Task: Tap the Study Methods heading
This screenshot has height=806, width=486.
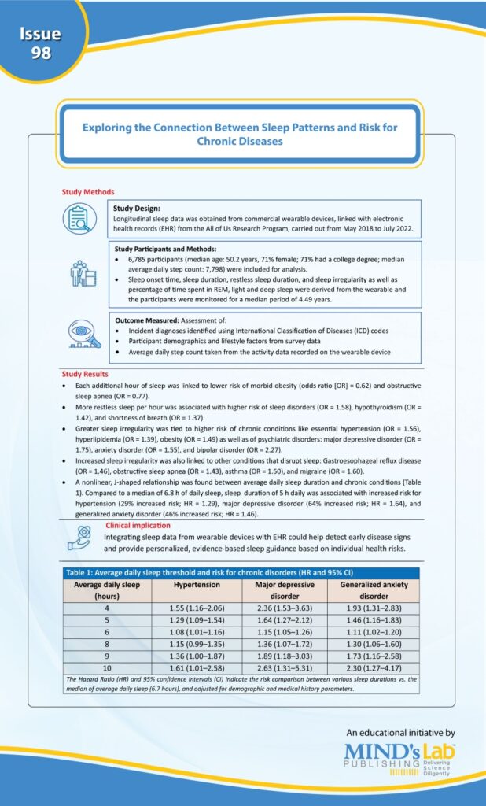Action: (x=88, y=192)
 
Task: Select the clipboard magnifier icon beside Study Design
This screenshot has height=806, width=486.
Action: (x=79, y=219)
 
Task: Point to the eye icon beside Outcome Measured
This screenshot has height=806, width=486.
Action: (x=80, y=336)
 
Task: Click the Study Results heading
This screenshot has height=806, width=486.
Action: (x=86, y=374)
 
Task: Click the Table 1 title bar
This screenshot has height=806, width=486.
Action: (x=241, y=573)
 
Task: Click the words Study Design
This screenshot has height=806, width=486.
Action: (x=137, y=209)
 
